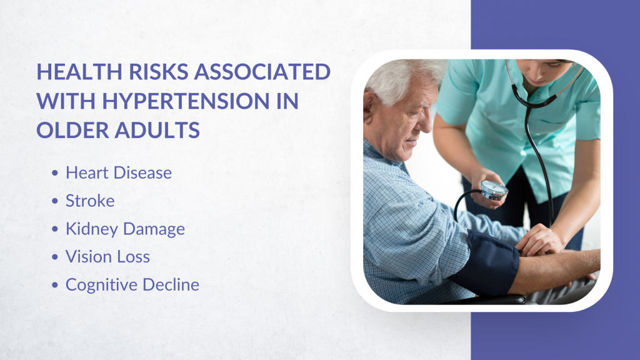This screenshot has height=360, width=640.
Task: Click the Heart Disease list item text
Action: [118, 173]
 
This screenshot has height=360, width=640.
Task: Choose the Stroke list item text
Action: [90, 201]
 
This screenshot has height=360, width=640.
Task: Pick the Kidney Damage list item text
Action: [125, 229]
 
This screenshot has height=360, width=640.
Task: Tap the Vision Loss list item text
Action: [107, 257]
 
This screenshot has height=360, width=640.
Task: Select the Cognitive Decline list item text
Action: [132, 285]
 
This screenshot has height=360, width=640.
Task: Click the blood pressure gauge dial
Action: [494, 191]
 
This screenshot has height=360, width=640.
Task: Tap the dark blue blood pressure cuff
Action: [484, 262]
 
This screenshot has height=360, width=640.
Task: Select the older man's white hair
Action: [400, 78]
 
